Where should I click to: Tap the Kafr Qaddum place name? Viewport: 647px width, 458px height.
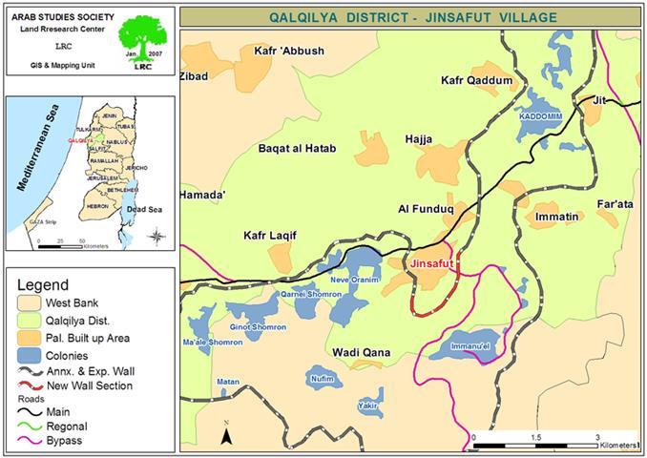click(477, 81)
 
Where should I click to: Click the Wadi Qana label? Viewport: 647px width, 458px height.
click(361, 353)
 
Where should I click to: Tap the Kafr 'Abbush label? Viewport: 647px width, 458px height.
click(289, 51)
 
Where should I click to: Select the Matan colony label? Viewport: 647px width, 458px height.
click(228, 382)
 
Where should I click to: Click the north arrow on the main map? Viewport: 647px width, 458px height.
click(226, 434)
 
